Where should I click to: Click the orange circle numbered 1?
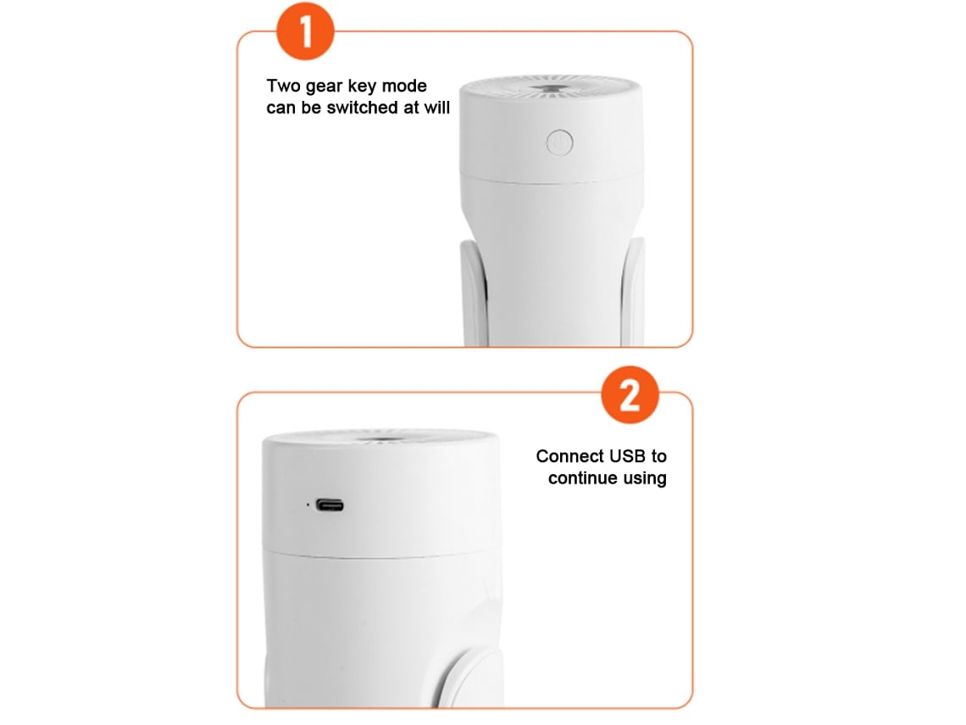(x=305, y=31)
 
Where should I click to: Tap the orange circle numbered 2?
(x=630, y=395)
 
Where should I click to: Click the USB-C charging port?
(x=330, y=505)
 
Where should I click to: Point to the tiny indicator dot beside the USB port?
(x=308, y=505)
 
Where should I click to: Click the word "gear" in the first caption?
(x=324, y=87)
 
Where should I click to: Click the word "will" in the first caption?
(x=436, y=108)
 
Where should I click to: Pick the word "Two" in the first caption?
(x=283, y=86)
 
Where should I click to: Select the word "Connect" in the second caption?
(x=570, y=456)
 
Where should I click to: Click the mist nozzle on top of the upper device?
(x=552, y=90)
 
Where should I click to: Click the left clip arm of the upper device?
(x=473, y=293)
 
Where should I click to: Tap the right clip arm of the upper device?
(x=633, y=291)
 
